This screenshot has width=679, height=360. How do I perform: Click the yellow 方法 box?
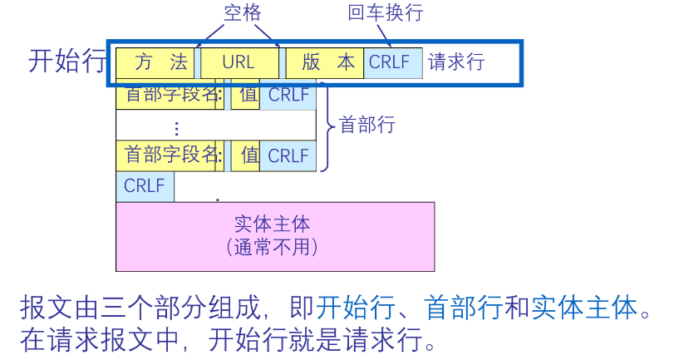[155, 62]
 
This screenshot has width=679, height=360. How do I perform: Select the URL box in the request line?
[239, 62]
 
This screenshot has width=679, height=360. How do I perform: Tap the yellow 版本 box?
[324, 62]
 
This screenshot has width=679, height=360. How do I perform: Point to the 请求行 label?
[455, 62]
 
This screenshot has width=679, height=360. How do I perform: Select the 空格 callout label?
[243, 12]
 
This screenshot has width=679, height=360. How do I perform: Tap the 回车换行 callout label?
[386, 12]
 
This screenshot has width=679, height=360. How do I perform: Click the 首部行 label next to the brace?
[367, 125]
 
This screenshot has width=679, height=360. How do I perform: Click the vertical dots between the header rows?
[176, 127]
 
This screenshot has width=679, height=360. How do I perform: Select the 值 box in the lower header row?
[248, 155]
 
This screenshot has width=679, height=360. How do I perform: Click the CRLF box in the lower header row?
[288, 155]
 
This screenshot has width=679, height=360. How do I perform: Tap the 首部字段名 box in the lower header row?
[170, 155]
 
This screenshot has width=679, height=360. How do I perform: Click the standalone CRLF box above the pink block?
[145, 186]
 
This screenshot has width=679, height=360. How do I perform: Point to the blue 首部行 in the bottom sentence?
[462, 308]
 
